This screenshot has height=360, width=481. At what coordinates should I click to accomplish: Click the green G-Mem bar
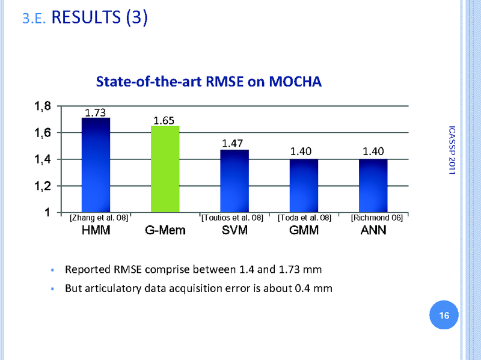coord(164,169)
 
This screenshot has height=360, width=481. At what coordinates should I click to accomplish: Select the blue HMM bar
coord(96,165)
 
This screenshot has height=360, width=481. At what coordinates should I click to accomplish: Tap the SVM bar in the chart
coord(234,181)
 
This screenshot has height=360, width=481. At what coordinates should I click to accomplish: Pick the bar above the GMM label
coord(304,186)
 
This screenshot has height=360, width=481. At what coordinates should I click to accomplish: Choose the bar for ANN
coord(373,186)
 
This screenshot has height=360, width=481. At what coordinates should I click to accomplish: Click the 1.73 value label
coord(96,112)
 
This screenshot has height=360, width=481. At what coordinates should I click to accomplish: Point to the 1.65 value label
coord(164,121)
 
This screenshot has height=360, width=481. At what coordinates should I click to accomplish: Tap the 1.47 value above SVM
coord(233,144)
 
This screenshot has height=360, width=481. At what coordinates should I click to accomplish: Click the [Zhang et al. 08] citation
coord(99,218)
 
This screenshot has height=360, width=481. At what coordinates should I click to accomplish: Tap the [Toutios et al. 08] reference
coord(232,218)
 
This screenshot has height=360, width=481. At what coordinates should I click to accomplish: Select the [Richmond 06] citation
coord(376,218)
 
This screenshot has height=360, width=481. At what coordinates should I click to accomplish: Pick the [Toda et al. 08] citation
coord(304,218)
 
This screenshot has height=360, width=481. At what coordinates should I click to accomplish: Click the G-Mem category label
coord(165,231)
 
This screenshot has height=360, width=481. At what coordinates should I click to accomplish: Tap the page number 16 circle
coord(445,316)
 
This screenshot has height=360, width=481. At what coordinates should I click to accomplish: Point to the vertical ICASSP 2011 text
coord(452,150)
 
